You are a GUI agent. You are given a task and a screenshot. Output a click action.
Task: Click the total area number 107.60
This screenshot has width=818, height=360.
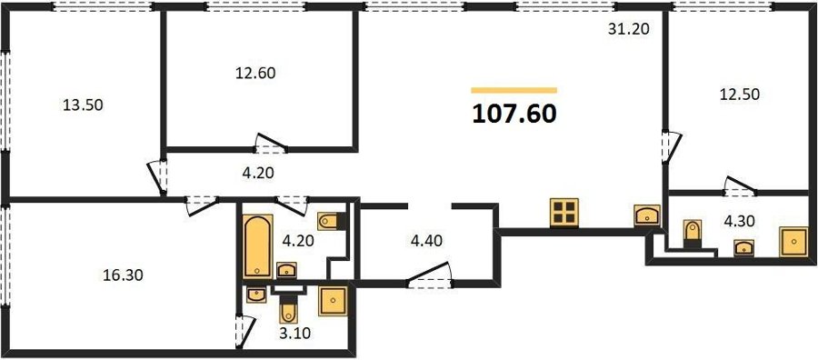(514, 115)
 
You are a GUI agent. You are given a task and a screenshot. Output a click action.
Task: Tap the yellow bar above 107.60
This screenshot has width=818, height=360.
(514, 90)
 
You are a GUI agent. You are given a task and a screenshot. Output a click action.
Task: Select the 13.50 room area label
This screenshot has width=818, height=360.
(83, 105)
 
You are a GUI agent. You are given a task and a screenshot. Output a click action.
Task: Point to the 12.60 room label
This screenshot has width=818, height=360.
(255, 73)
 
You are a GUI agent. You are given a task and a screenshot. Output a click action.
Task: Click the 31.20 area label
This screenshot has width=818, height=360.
(629, 29)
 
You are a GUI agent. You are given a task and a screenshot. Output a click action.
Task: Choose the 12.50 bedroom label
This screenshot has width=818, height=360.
(740, 95)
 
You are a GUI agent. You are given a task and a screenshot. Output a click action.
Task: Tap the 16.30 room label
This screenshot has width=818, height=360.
(123, 275)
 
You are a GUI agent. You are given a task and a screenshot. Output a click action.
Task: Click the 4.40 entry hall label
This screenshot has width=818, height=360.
(427, 241)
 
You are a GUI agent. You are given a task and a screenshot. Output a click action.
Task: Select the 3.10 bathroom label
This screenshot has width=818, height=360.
(295, 333)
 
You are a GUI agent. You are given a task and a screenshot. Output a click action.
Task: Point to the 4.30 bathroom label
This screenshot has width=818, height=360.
(739, 221)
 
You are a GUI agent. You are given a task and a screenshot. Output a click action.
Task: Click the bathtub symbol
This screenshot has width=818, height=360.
(257, 245)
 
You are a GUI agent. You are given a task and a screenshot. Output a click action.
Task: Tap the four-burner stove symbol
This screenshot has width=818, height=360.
(564, 213)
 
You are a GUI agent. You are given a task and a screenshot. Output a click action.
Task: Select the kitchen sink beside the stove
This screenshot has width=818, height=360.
(647, 215)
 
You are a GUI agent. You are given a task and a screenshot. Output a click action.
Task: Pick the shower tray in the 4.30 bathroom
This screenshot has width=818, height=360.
(793, 242)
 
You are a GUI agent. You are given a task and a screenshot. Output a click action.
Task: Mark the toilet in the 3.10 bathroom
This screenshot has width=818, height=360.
(288, 309)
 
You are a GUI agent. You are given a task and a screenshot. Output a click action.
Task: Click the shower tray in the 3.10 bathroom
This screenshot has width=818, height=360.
(333, 301)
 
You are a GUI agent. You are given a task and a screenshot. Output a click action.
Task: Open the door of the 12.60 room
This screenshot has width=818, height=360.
(271, 144)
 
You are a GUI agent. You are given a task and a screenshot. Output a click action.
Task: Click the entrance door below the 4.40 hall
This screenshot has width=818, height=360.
(429, 275)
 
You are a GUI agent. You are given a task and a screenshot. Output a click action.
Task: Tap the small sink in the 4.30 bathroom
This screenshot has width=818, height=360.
(743, 248)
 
